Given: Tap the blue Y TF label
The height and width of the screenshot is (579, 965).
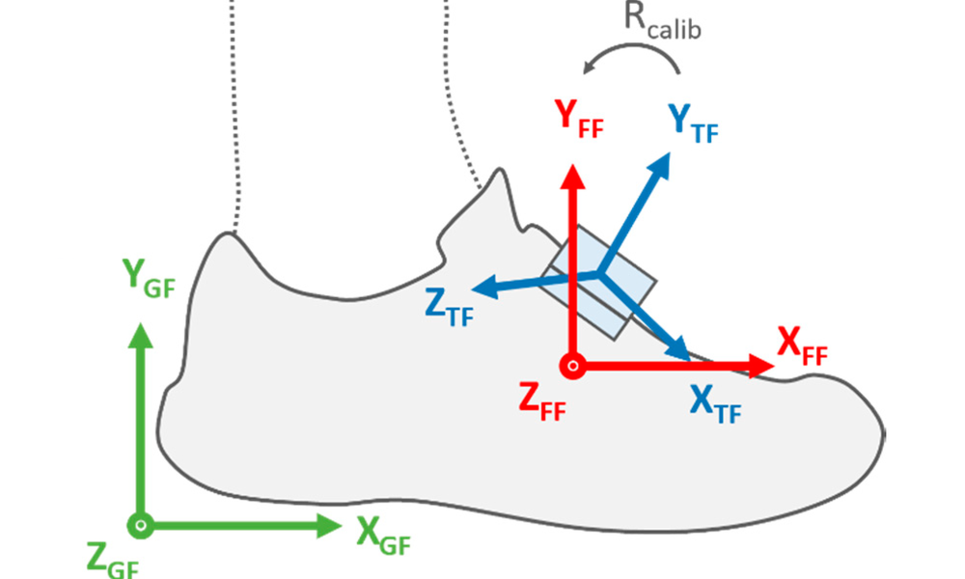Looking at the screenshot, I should pos(693,123).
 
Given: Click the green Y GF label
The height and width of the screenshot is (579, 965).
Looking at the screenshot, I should pos(150,279).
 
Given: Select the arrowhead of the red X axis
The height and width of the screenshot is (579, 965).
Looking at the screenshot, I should pos(763,366).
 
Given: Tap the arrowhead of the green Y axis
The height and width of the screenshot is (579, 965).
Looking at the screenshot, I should pos(141,334).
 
